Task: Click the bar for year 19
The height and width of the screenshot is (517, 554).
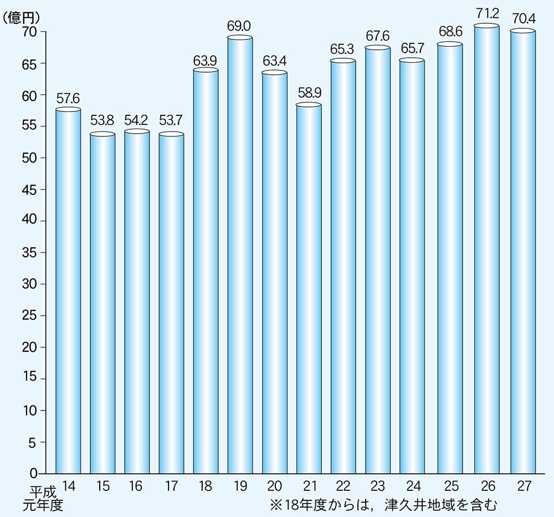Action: [x=240, y=255]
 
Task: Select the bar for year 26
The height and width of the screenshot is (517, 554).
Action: [x=488, y=250]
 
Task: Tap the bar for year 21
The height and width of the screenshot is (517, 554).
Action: [x=309, y=288]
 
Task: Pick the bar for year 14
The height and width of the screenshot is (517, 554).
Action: [x=68, y=291]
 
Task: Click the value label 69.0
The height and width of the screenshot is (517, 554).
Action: [x=240, y=26]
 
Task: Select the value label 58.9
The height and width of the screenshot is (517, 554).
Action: [x=309, y=92]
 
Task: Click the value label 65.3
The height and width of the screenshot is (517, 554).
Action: [x=343, y=48]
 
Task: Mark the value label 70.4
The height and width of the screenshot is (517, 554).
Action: [x=522, y=18]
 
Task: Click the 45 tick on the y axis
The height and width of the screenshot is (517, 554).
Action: [x=29, y=190]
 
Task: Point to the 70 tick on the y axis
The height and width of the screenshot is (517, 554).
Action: [x=29, y=32]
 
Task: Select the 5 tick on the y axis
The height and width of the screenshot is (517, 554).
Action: [x=33, y=442]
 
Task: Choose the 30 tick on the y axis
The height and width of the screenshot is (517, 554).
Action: [x=29, y=285]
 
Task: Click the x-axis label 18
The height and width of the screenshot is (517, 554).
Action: [x=206, y=486]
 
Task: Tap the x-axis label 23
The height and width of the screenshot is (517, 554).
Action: [x=377, y=486]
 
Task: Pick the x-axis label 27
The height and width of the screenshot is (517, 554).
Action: [x=522, y=486]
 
